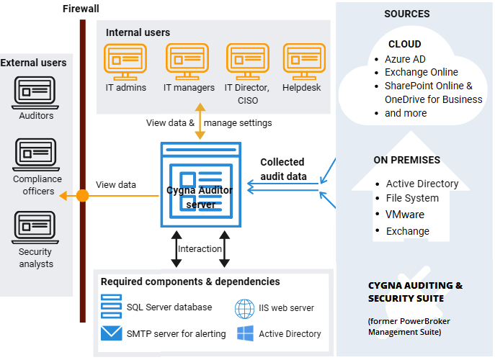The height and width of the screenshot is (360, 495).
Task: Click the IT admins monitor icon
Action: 125,62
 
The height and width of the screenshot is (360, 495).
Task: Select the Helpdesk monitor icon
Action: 304,62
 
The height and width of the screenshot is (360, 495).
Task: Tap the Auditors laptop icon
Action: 35,93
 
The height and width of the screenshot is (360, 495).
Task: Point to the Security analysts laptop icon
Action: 35,228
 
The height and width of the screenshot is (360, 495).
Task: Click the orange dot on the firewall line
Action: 82,196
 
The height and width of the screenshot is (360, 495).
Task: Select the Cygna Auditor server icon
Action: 201,184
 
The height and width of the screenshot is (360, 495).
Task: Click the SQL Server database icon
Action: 111,306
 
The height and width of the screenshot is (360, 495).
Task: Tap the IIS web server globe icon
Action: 244,309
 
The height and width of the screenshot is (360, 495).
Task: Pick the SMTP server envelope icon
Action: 112,333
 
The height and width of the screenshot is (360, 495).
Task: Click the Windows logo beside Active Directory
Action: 245,333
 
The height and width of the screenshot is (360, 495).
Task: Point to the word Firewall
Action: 81,9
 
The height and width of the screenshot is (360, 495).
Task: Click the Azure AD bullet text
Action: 405,59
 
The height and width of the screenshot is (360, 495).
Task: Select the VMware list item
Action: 405,215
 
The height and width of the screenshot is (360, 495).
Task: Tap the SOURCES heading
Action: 407,14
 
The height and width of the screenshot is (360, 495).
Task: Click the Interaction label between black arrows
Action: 200,249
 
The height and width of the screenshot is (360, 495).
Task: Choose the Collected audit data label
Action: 283,169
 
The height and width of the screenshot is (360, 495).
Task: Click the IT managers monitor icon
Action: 187,62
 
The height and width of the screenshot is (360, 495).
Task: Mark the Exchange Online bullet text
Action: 421,72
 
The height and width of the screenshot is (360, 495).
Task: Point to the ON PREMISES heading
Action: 406,160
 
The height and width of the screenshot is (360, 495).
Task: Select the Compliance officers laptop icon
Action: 36,155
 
